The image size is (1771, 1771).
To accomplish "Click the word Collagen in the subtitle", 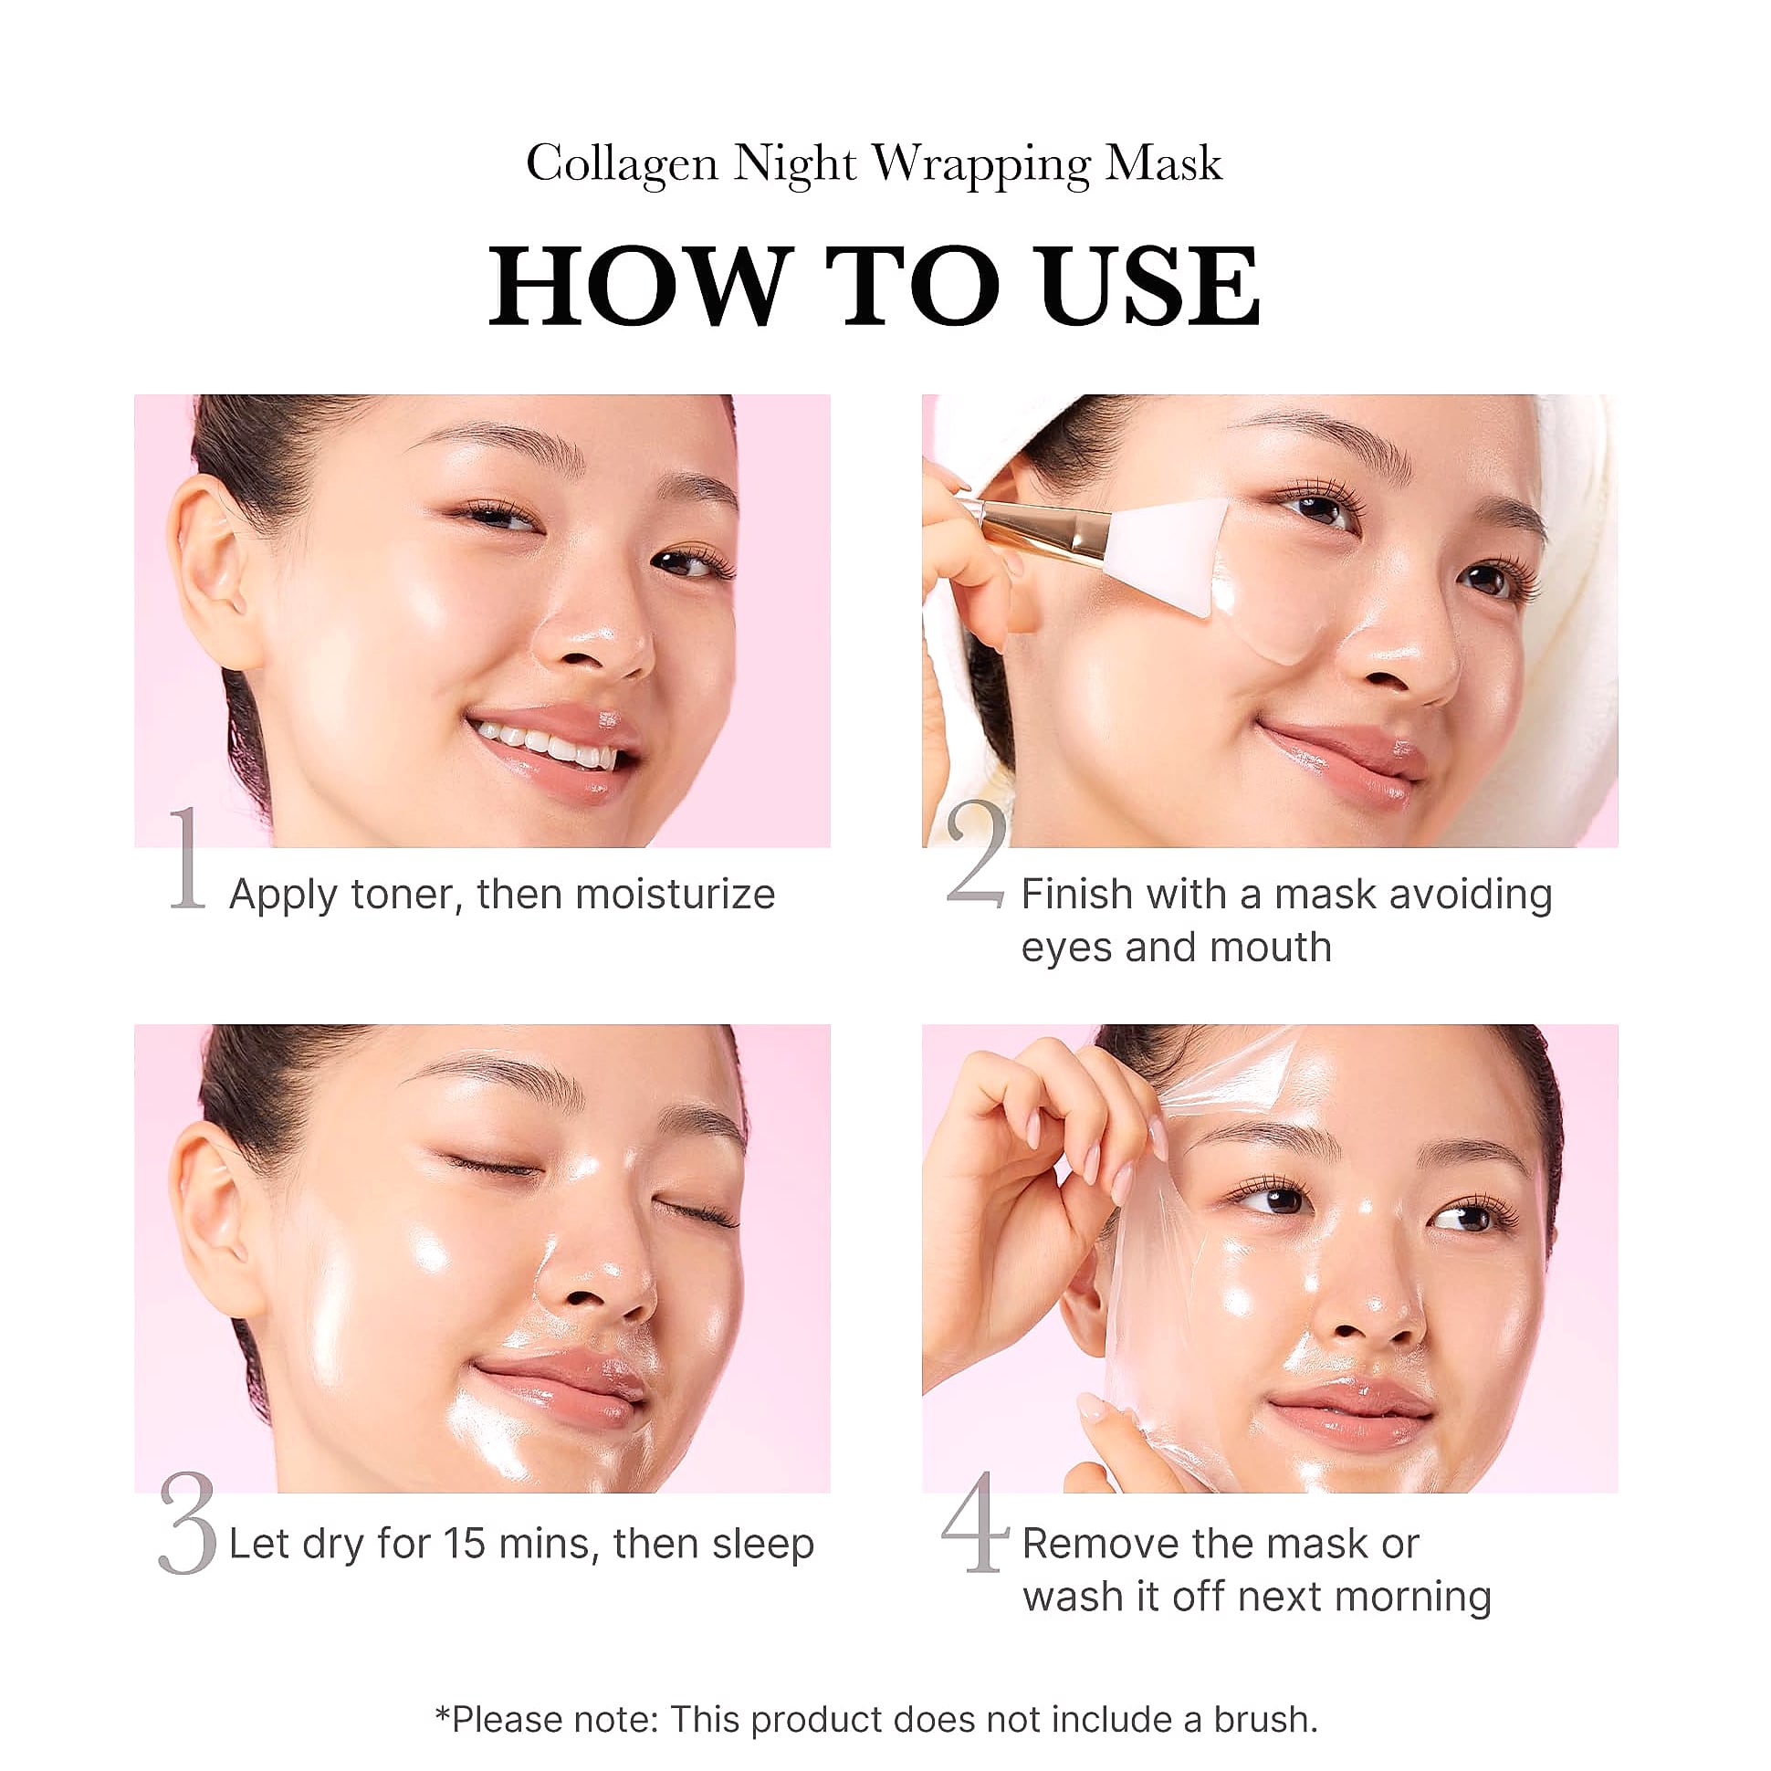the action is coord(622,166).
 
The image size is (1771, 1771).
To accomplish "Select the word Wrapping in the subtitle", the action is coord(980,166).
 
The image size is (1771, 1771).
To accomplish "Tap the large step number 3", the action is coord(188,1523).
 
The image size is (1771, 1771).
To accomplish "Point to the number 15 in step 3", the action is coord(465,1544).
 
